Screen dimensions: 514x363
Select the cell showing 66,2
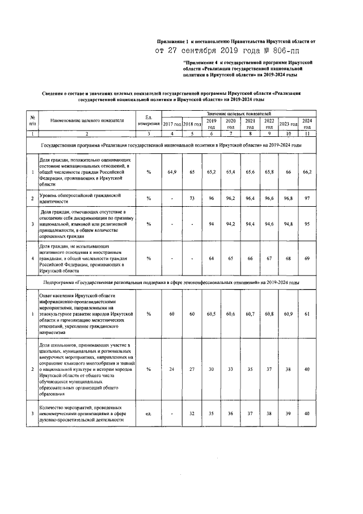coord(307,171)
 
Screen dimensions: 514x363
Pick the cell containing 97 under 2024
coord(307,198)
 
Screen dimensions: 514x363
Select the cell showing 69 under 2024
coord(307,259)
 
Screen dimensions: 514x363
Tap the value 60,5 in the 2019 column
coord(211,314)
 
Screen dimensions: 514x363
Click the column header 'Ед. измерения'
coord(149,120)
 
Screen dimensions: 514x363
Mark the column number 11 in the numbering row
coord(307,134)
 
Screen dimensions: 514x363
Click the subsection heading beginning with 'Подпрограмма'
coord(171,282)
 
